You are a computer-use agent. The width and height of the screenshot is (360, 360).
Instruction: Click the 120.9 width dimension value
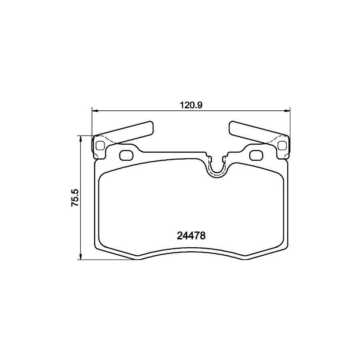[x=191, y=105]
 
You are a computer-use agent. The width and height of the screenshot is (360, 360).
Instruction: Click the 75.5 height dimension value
[x=75, y=198]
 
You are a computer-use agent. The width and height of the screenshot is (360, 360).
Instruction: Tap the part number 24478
[x=191, y=236]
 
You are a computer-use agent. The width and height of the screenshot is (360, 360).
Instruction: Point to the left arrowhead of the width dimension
[x=95, y=111]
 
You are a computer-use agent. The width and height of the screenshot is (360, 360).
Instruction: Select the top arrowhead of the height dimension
[x=80, y=138]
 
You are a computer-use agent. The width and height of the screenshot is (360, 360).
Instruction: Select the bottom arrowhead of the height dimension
[x=80, y=257]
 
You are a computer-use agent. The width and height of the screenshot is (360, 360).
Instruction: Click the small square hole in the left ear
[x=100, y=146]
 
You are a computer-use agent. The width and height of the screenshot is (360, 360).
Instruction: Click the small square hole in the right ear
[x=282, y=146]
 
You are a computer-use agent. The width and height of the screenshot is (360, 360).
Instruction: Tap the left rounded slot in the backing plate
[x=126, y=156]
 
